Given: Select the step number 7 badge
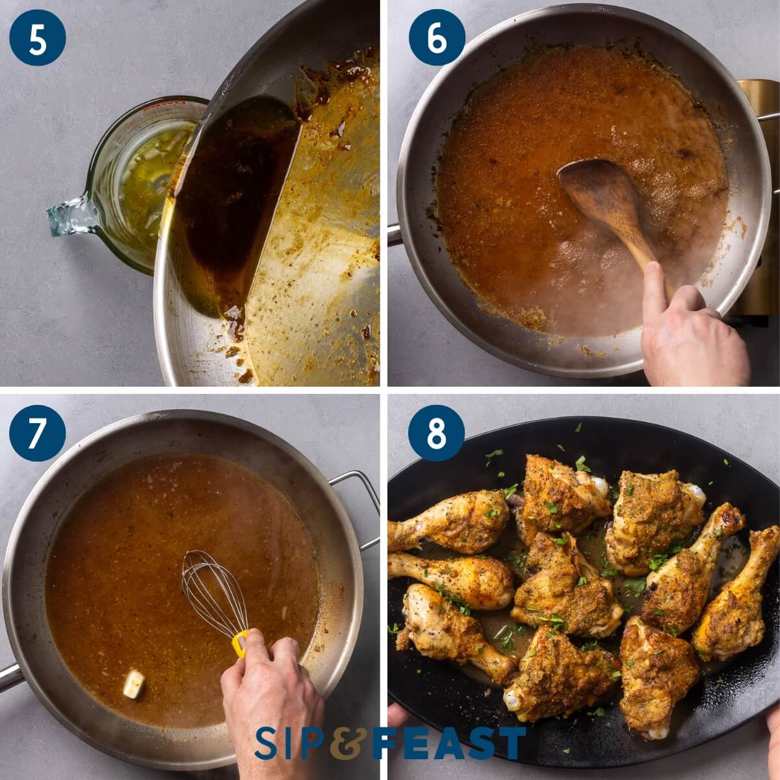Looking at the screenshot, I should pyautogui.click(x=38, y=433).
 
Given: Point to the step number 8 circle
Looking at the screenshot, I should pyautogui.click(x=436, y=433).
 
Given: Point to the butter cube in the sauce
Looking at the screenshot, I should pyautogui.click(x=134, y=684).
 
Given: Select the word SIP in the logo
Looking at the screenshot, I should pyautogui.click(x=289, y=743).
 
